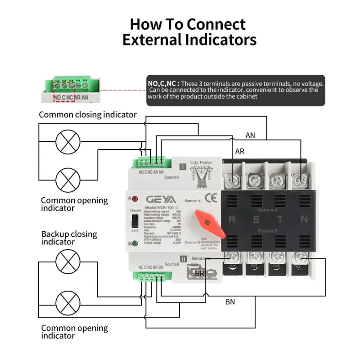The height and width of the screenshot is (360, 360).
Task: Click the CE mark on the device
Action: [211, 198]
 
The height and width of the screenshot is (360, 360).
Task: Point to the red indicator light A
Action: [135, 198]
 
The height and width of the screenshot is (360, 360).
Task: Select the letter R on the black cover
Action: [232, 220]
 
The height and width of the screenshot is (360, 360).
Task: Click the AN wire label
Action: [250, 135]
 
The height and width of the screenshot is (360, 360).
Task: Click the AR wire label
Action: [239, 151]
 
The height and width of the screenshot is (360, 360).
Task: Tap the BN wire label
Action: [230, 302]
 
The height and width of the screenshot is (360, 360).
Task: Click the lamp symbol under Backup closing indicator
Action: [67, 261]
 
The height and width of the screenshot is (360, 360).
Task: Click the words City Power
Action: [201, 162]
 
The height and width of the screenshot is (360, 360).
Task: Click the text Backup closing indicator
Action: [69, 238]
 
